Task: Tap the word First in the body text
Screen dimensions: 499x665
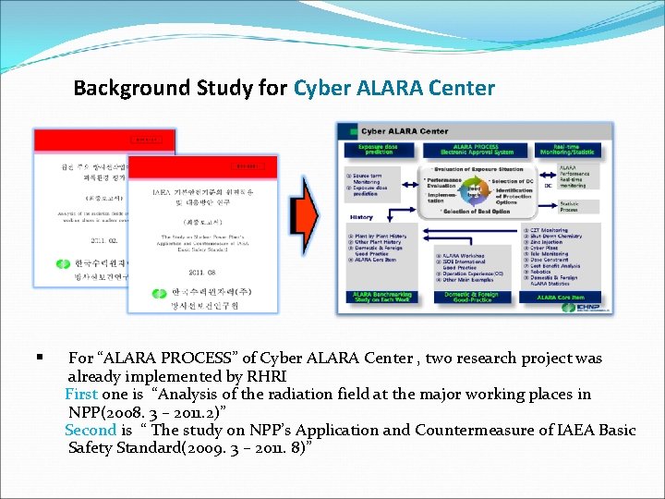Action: pos(81,395)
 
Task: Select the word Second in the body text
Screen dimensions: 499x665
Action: pos(91,431)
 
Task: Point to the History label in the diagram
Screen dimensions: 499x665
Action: pos(361,217)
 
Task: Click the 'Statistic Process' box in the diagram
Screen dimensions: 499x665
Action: pos(571,207)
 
